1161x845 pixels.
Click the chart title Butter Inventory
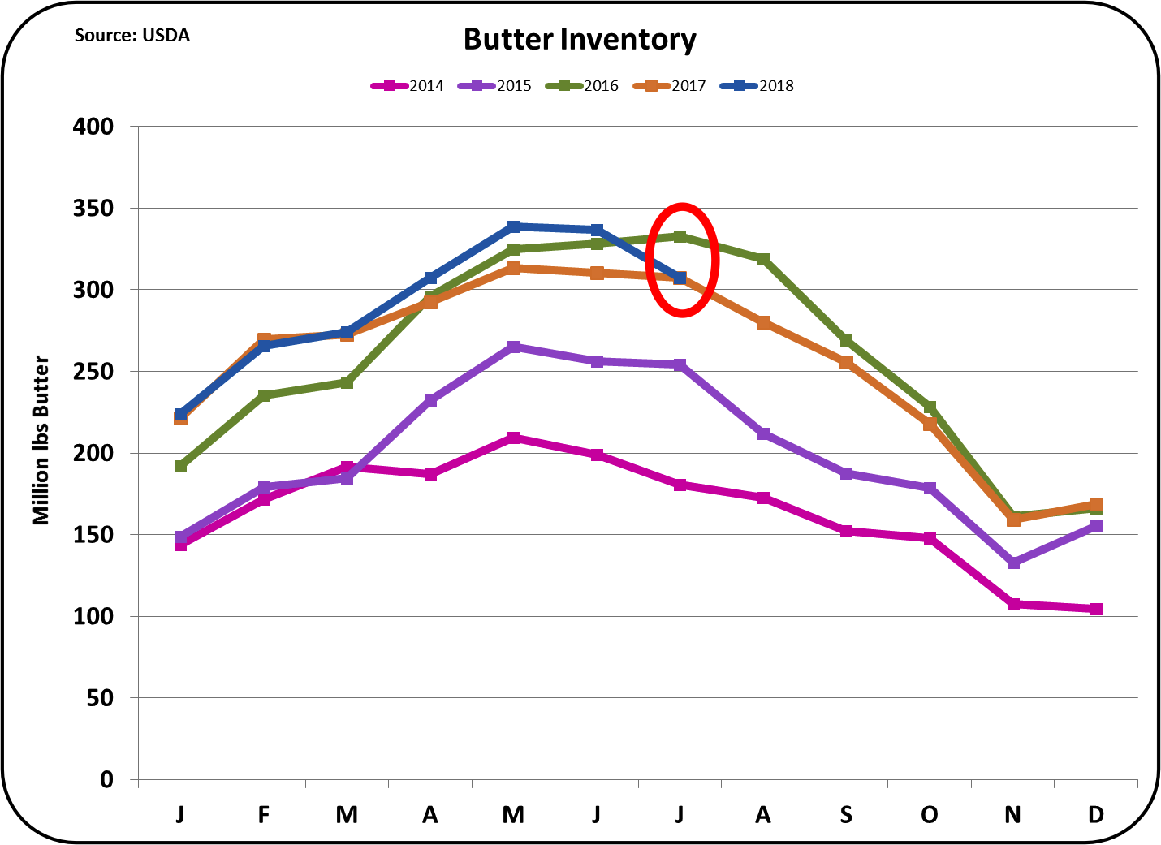(580, 40)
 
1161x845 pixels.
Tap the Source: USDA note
(132, 36)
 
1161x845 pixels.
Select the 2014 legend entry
(408, 86)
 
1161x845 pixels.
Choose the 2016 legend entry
(583, 86)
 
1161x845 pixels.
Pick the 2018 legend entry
(758, 86)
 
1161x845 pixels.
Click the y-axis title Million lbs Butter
(41, 440)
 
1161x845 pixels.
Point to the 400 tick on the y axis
(93, 127)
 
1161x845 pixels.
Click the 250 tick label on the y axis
(93, 372)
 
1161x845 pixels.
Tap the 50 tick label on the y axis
(100, 698)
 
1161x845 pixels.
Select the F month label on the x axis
(264, 814)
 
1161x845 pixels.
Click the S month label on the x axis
(846, 814)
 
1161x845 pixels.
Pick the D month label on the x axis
(1095, 814)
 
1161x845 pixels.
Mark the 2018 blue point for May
(513, 226)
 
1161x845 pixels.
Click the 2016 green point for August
(763, 259)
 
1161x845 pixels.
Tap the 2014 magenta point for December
(1096, 609)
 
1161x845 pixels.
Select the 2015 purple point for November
(1013, 563)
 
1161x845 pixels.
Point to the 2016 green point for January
(180, 466)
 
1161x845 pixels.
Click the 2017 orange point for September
(846, 362)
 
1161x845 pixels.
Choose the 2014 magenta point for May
(513, 438)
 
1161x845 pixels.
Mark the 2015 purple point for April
(430, 400)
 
